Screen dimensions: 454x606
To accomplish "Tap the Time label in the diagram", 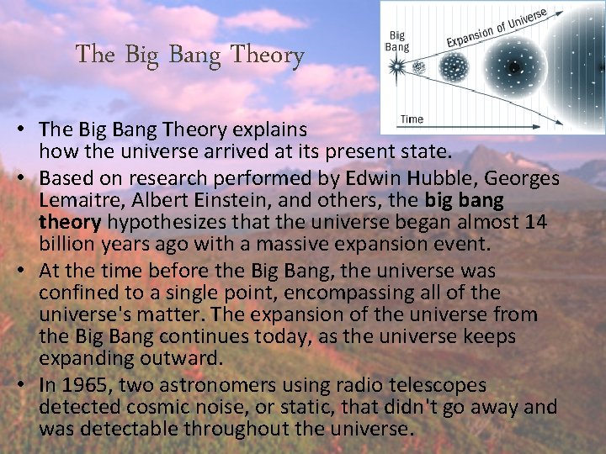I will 412,119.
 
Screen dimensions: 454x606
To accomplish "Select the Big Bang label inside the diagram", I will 397,41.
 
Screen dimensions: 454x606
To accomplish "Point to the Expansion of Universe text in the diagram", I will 497,28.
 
